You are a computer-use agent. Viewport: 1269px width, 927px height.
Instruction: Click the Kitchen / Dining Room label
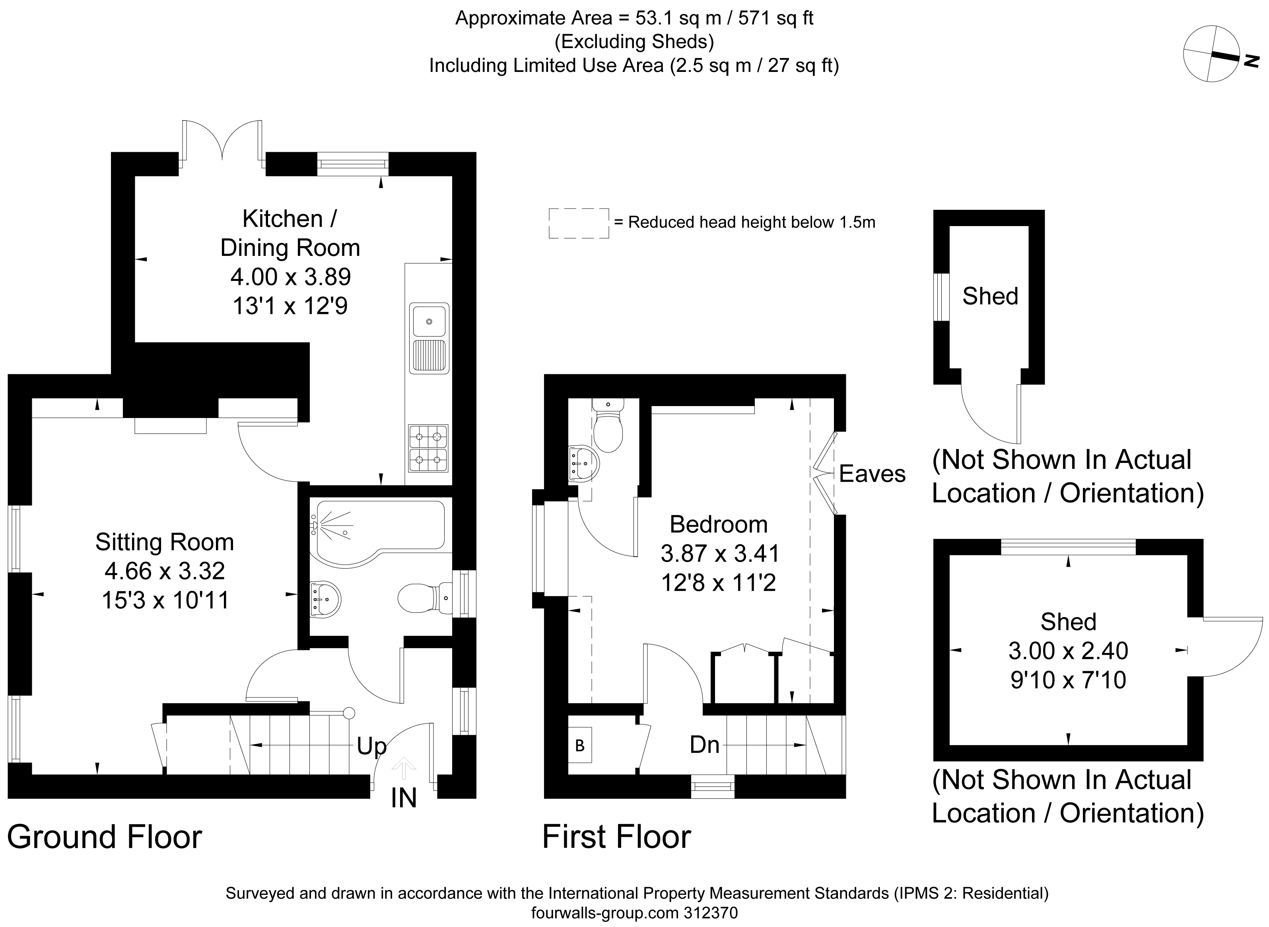coord(290,233)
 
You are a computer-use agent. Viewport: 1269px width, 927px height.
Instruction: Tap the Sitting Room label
coord(165,542)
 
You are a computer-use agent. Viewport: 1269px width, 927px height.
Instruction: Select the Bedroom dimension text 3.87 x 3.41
coord(720,554)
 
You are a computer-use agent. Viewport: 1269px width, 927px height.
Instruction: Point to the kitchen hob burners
coord(428,448)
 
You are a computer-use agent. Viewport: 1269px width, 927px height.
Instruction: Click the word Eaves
coord(872,474)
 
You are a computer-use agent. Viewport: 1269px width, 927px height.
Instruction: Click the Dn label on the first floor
coord(705,745)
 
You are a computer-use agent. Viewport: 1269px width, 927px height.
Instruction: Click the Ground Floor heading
coord(105,837)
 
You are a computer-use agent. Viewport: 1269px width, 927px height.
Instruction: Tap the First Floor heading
coord(616,837)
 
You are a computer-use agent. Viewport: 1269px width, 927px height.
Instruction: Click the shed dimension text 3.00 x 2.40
coord(1068,651)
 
